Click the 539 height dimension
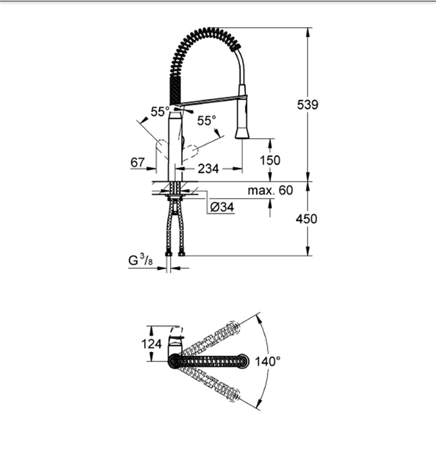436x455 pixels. click(x=307, y=105)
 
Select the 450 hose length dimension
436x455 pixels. click(x=306, y=219)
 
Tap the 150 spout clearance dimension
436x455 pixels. click(x=270, y=160)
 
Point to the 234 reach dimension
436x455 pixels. click(x=208, y=169)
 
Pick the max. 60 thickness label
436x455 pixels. click(x=270, y=190)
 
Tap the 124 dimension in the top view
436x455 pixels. click(x=152, y=343)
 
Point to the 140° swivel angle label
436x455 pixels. click(x=267, y=361)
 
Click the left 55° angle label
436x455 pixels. click(x=160, y=112)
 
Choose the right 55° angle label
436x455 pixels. click(x=206, y=121)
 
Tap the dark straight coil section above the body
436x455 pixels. click(x=174, y=89)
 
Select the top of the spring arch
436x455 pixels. click(x=207, y=30)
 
